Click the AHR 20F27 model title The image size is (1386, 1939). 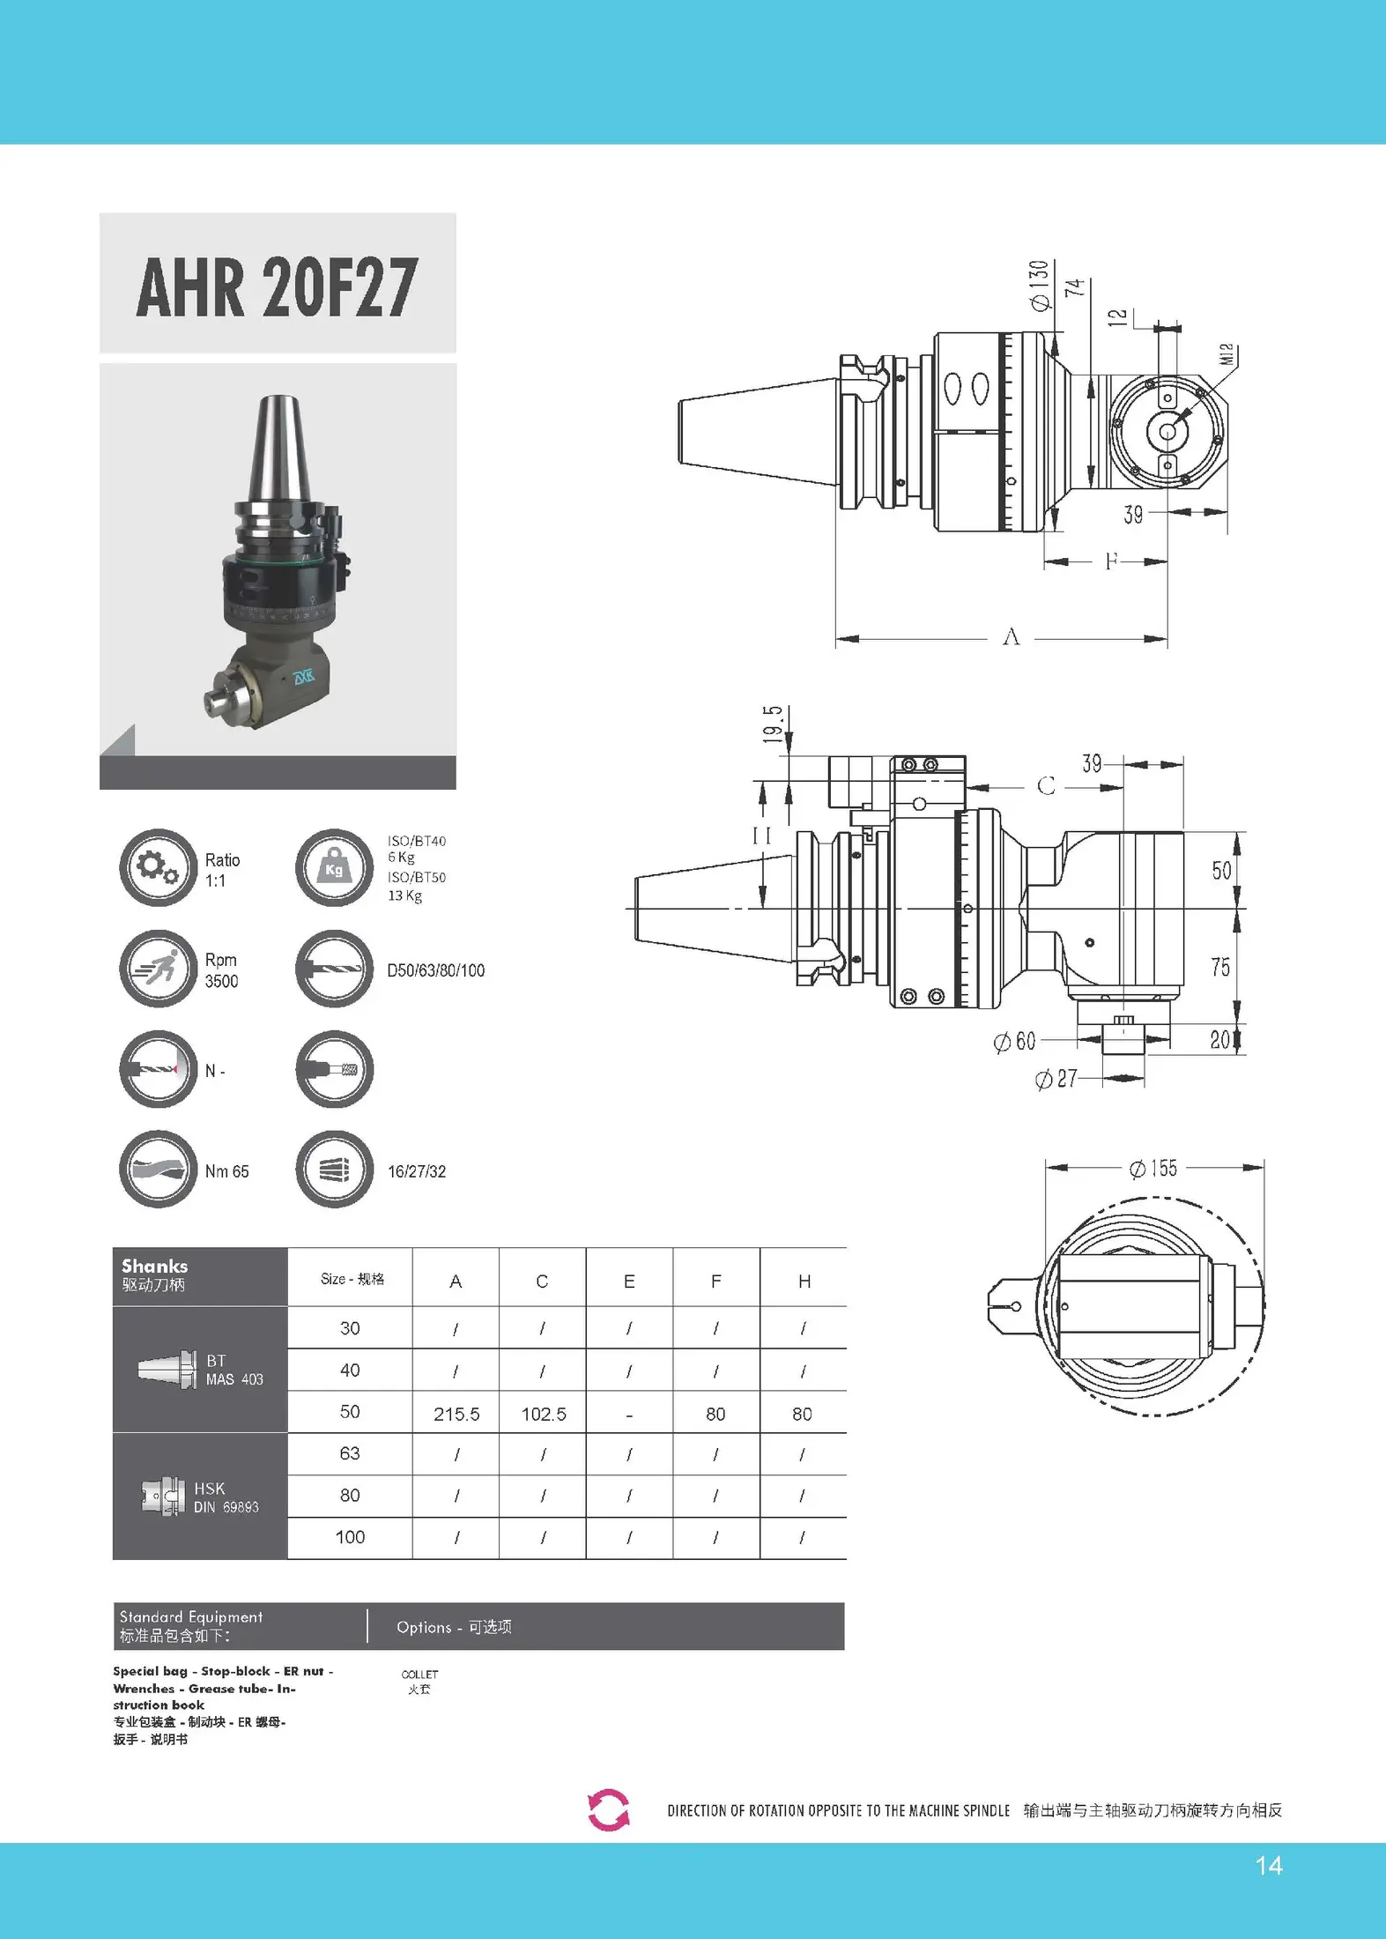click(x=277, y=287)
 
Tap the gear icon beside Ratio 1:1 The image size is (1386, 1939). click(x=158, y=867)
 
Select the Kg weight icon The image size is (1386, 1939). click(x=334, y=867)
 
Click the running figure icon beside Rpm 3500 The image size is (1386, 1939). click(x=158, y=969)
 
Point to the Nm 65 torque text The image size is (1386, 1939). click(x=226, y=1171)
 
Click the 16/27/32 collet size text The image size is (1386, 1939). click(x=417, y=1171)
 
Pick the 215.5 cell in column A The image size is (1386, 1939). click(x=456, y=1415)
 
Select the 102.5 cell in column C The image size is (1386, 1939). click(x=544, y=1415)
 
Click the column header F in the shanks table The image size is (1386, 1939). click(x=716, y=1282)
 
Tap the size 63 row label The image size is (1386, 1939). click(x=350, y=1453)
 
